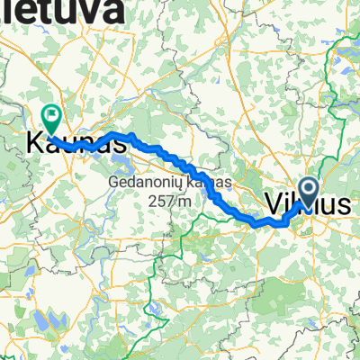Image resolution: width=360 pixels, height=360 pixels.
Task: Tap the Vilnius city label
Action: (308, 205)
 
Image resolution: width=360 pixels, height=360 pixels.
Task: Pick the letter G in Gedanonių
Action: (113, 183)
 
